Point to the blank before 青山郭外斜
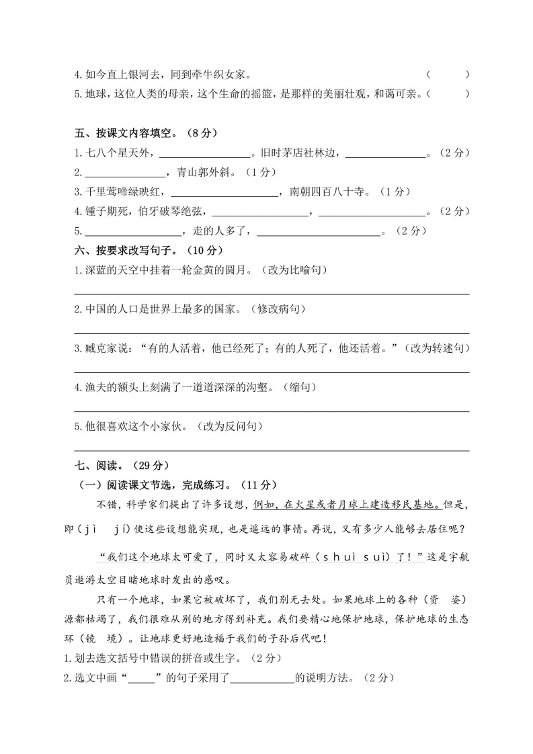(120, 173)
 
